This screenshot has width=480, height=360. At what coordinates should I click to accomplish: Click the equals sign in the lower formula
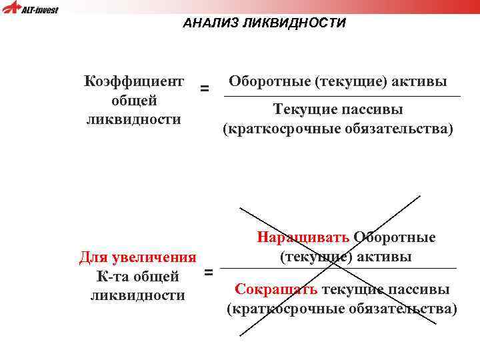click(208, 272)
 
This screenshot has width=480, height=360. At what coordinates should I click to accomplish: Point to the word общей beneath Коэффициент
click(134, 101)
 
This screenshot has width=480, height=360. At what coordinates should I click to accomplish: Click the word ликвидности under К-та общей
click(137, 295)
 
